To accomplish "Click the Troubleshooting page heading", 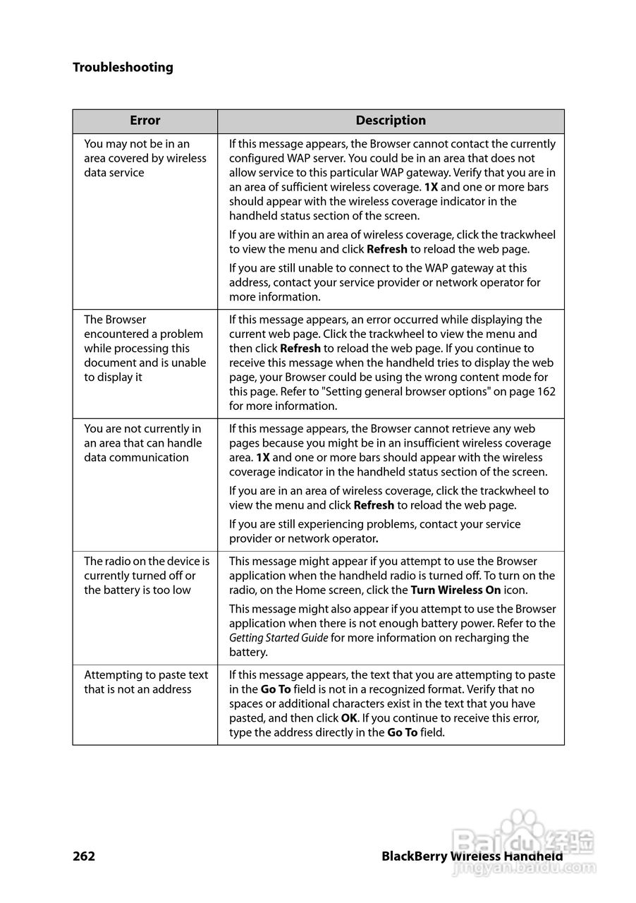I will point(123,68).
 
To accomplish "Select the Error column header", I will point(145,121).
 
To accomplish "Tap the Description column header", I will point(391,121).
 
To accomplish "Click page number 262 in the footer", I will point(84,856).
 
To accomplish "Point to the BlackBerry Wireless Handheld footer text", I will point(472,856).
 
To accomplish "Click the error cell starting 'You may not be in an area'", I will point(145,158).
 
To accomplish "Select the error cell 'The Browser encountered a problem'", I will point(145,349).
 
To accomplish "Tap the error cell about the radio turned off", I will point(146,576).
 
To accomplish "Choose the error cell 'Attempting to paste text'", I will point(146,682).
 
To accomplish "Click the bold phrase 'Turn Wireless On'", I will point(455,590).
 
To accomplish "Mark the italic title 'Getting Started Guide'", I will point(279,638).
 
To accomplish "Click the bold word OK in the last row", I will point(349,718).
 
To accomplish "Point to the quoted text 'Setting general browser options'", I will point(386,392).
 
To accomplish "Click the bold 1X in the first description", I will point(431,187).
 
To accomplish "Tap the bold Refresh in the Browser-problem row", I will point(300,349).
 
